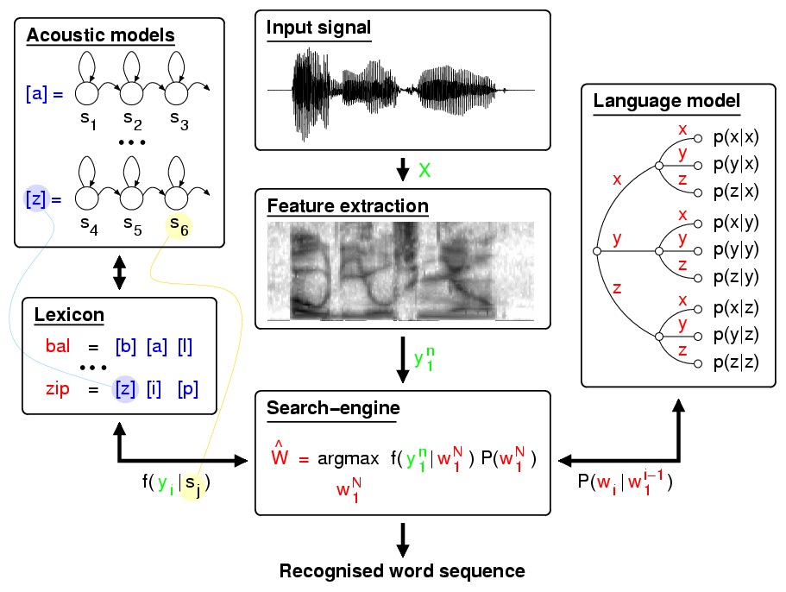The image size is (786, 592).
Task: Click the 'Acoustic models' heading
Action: click(100, 35)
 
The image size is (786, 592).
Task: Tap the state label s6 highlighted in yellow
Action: click(179, 226)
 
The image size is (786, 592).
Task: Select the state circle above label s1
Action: click(87, 93)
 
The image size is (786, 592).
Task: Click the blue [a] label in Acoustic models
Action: click(36, 94)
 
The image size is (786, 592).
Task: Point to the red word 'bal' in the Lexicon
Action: click(58, 346)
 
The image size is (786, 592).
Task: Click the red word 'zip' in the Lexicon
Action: click(58, 389)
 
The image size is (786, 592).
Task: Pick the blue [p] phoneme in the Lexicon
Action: click(187, 389)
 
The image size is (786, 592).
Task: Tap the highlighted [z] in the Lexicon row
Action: click(125, 389)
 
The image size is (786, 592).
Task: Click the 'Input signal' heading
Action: click(318, 28)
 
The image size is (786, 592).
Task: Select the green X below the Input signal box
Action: click(424, 170)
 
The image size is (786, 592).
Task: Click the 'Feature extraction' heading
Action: click(348, 206)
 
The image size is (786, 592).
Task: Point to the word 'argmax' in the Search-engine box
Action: click(348, 459)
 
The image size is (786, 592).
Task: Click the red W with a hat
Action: click(280, 454)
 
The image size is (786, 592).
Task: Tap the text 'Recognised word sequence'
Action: click(402, 571)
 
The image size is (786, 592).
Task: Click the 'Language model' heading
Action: click(666, 101)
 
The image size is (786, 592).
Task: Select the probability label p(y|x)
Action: click(736, 165)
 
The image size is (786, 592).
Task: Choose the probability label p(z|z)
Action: click(736, 362)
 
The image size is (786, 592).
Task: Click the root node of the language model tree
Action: click(596, 251)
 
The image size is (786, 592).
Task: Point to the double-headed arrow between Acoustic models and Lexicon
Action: click(119, 273)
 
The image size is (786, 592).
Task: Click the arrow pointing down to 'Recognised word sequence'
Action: click(403, 540)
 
